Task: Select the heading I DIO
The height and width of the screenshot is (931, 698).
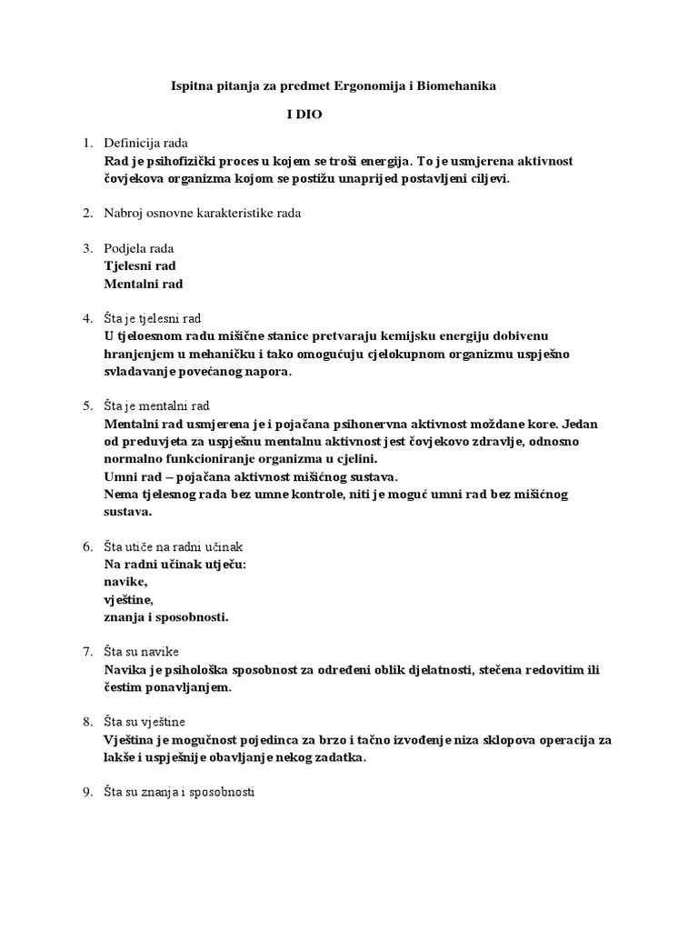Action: [300, 115]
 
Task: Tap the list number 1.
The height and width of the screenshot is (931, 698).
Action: [87, 144]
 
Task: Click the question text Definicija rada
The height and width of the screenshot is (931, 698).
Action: [145, 144]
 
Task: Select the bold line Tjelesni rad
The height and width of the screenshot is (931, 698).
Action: [141, 265]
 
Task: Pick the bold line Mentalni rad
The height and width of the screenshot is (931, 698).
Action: [144, 284]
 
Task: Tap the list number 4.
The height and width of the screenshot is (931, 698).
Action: [87, 318]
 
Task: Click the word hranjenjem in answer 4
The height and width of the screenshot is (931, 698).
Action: [139, 354]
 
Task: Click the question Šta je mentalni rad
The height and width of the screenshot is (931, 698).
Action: [158, 406]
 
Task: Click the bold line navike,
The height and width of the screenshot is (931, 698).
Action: [125, 582]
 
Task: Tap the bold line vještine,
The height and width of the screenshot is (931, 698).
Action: [129, 600]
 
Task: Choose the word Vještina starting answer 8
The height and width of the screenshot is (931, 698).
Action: [132, 740]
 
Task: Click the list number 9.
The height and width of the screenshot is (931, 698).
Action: [87, 793]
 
